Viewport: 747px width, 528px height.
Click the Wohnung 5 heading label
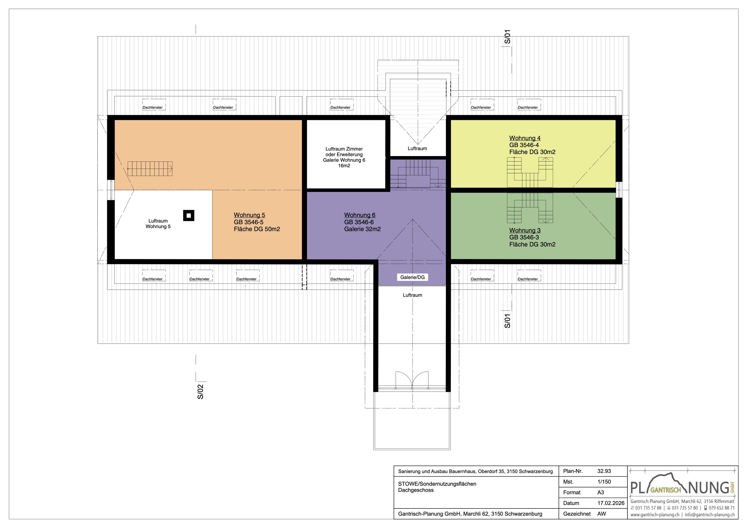tap(249, 215)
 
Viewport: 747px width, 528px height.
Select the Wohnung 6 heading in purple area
tap(359, 215)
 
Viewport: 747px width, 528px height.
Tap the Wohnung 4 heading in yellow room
tap(524, 138)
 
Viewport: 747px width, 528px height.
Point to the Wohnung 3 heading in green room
tap(524, 230)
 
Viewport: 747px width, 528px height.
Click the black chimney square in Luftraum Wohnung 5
tap(189, 215)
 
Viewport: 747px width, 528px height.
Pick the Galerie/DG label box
tap(412, 277)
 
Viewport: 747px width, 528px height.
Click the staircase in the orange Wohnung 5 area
tap(150, 169)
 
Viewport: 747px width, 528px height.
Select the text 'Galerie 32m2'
tap(362, 229)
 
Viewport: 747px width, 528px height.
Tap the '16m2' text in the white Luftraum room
tap(344, 166)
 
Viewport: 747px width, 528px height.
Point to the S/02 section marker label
tap(200, 392)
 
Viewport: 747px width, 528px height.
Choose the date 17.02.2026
tap(611, 503)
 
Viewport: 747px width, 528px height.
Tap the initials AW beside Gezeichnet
tap(602, 514)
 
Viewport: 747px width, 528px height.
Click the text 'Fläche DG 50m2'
tap(257, 229)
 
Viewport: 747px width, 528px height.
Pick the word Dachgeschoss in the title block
tap(416, 490)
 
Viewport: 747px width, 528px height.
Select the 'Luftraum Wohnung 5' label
tap(158, 223)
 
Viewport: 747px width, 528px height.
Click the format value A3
tap(600, 492)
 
